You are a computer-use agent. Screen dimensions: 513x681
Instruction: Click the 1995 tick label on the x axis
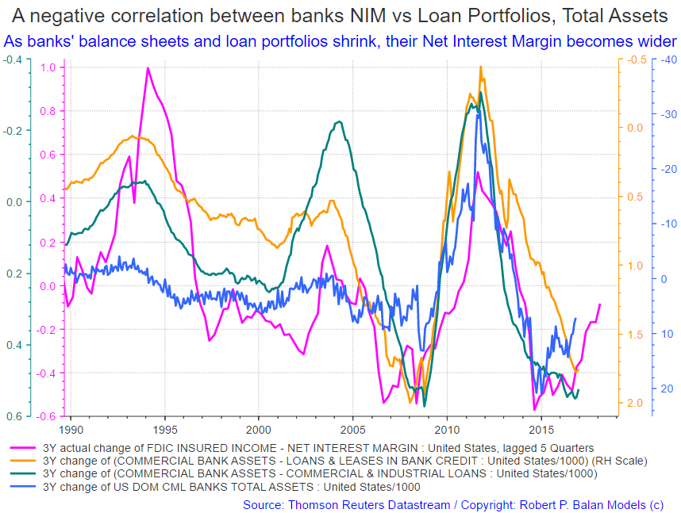point(166,429)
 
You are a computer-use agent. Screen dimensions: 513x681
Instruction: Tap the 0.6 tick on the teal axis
point(13,416)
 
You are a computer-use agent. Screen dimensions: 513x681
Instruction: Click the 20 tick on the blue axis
point(668,389)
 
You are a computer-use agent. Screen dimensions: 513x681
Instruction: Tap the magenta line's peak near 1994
point(148,68)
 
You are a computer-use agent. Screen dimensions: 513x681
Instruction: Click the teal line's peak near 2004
point(339,121)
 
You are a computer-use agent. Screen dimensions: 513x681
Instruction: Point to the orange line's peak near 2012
point(481,67)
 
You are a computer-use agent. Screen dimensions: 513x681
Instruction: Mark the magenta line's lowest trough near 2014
point(534,409)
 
